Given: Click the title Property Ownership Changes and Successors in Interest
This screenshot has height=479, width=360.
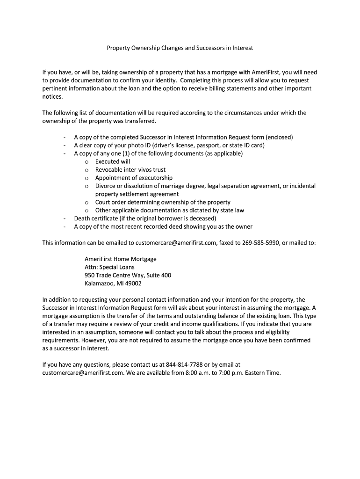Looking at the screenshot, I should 180,48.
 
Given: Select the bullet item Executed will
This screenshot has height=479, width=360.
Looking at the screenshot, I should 113,162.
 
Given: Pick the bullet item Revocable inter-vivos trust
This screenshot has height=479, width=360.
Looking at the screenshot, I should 130,170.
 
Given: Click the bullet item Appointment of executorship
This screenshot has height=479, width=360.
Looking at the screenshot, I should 134,178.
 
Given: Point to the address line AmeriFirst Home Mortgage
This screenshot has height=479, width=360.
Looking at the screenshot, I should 121,259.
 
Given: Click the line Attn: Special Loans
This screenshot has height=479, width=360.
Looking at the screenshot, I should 109,267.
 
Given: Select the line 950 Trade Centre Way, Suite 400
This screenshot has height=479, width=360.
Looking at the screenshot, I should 128,275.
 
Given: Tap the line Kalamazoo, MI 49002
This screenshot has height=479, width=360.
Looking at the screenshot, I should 113,283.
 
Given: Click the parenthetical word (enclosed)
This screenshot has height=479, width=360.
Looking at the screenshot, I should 279,138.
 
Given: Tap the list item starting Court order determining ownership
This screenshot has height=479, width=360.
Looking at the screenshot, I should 163,203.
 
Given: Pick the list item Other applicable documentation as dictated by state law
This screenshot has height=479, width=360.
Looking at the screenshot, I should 170,210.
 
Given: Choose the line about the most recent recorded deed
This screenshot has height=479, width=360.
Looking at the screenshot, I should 163,227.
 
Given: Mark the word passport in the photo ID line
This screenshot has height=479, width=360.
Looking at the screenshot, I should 204,145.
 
